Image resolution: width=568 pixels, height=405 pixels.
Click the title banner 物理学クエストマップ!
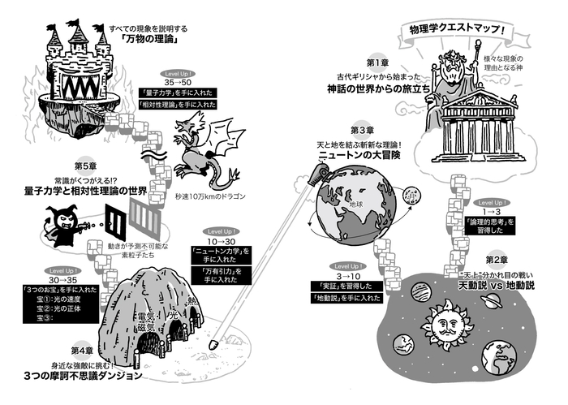point(458,34)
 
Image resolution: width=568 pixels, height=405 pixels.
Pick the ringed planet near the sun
point(492,300)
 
